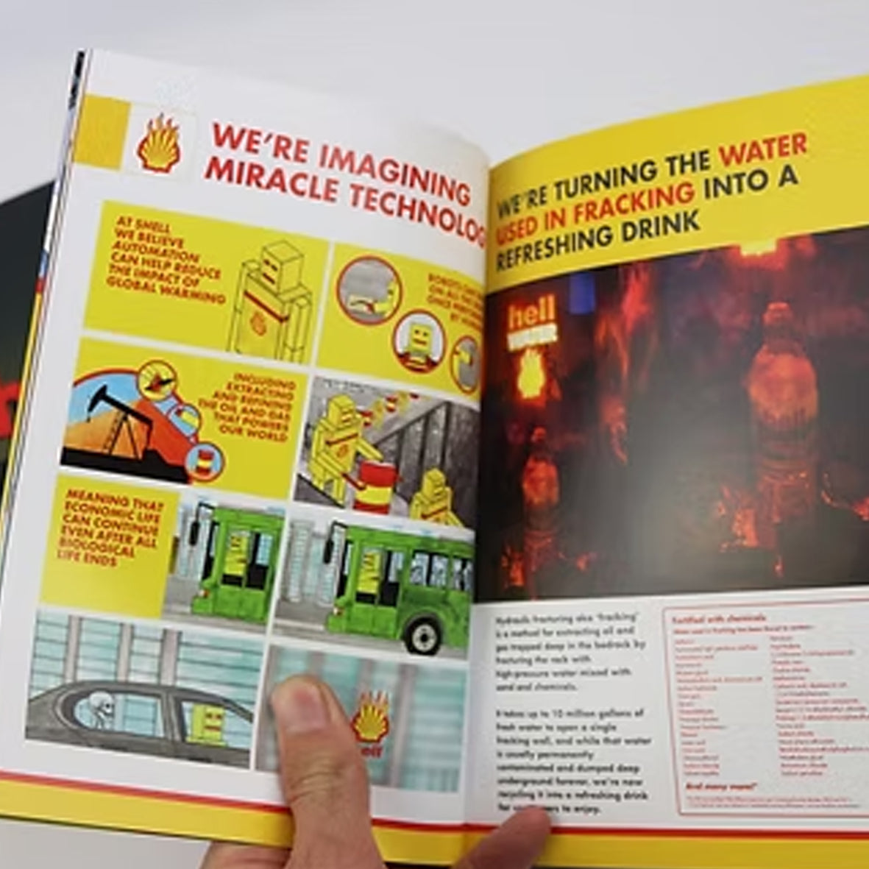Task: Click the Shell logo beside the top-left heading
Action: point(158,143)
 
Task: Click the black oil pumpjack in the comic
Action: point(110,419)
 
